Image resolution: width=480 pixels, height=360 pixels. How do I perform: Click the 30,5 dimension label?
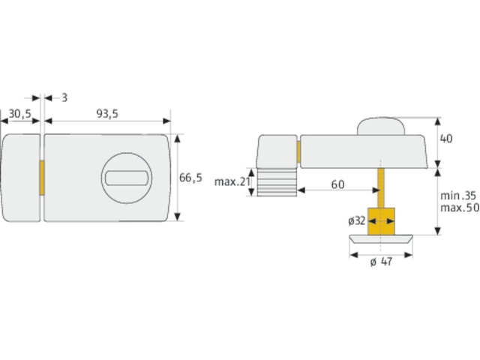tap(19, 113)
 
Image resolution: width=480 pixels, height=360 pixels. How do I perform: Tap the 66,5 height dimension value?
tap(191, 178)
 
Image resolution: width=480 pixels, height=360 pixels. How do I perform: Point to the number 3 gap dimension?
tap(64, 97)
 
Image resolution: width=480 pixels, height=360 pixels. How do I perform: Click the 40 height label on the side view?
tap(448, 139)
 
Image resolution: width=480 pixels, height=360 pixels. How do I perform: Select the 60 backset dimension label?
tap(337, 184)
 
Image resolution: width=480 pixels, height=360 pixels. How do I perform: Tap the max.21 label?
tap(230, 182)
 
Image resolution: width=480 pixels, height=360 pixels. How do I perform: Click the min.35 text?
tap(457, 194)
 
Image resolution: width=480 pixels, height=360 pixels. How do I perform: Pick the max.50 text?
tap(457, 206)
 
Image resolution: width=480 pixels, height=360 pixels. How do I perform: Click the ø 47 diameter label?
tap(382, 262)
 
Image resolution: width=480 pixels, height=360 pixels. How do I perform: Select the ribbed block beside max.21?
tap(277, 182)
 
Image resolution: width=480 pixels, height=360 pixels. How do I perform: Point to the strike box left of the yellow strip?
tap(19, 178)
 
